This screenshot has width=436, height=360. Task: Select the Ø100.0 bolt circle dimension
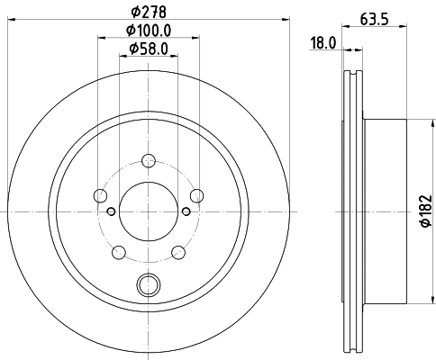pyautogui.click(x=149, y=31)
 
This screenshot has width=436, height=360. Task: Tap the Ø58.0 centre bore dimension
pyautogui.click(x=148, y=48)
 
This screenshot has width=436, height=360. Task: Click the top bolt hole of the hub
pyautogui.click(x=149, y=160)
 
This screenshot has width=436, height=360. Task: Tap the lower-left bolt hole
pyautogui.click(x=119, y=250)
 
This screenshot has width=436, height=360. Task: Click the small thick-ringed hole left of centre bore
pyautogui.click(x=111, y=211)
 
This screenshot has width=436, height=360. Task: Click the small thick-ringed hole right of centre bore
pyautogui.click(x=186, y=211)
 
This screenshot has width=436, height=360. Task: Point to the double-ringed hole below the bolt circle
pyautogui.click(x=148, y=285)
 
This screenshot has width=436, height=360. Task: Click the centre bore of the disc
pyautogui.click(x=148, y=211)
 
